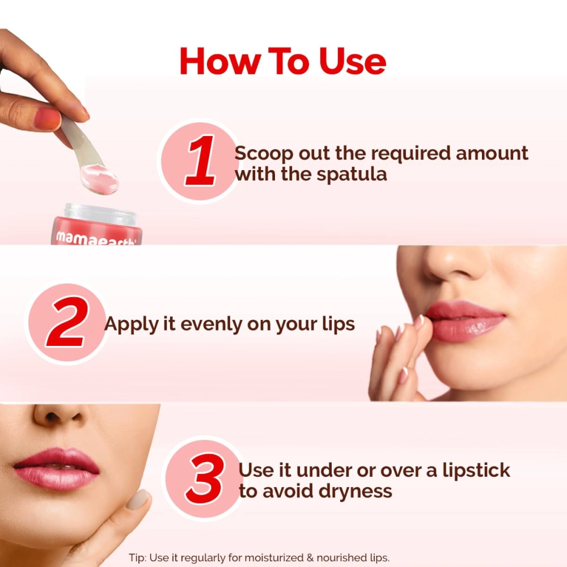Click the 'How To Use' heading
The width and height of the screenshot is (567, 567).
(283, 61)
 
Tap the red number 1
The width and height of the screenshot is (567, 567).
(200, 161)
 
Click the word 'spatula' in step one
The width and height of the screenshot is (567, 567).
(352, 174)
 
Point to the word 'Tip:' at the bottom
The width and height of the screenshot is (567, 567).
(138, 558)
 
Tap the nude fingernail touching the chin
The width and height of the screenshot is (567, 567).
(137, 500)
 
